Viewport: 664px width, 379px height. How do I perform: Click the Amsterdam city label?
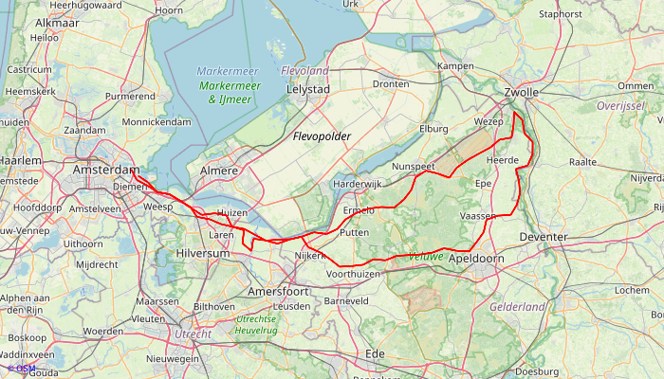[x=105, y=169]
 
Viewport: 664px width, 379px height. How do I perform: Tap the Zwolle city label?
[x=521, y=92]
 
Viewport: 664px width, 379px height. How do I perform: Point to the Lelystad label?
[x=307, y=89]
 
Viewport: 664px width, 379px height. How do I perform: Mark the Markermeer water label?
[x=228, y=72]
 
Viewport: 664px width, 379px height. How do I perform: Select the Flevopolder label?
[x=321, y=137]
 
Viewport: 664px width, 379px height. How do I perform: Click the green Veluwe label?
[x=426, y=257]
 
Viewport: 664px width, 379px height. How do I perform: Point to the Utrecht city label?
[x=193, y=334]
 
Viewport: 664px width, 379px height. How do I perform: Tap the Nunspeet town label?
[x=413, y=166]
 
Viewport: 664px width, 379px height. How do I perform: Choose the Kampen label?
[x=455, y=65]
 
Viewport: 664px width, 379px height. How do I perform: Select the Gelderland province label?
[x=517, y=307]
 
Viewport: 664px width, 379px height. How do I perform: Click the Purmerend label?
[x=130, y=96]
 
